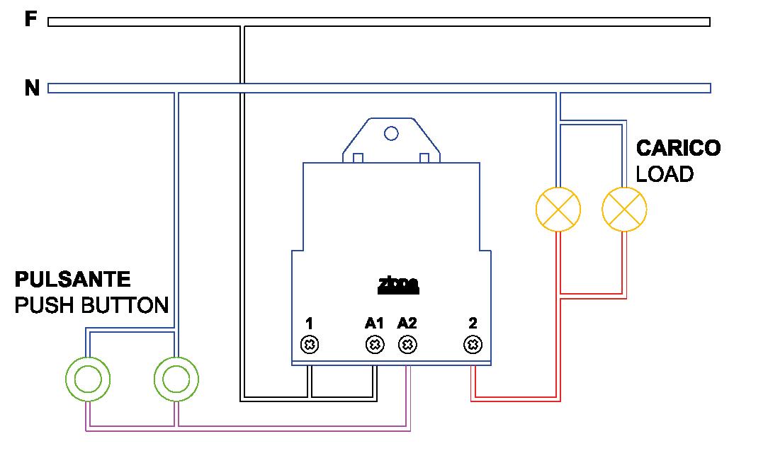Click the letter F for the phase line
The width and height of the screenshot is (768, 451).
coord(30,19)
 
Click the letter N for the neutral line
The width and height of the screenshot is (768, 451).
coord(32,89)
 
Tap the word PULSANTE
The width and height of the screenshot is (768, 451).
coord(73,278)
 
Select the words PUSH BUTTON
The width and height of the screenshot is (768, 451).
coord(91,305)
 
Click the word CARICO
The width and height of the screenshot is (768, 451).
coord(678,148)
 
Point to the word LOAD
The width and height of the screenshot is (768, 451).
coord(665,174)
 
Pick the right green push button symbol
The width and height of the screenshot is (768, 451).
coord(176,379)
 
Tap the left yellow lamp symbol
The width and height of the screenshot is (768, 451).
coord(558,210)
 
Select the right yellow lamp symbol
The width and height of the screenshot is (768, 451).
coord(624,210)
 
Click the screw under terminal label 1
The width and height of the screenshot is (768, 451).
coord(310,346)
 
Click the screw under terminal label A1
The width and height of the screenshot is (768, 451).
coord(375,346)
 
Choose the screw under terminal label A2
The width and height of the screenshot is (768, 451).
coord(407,346)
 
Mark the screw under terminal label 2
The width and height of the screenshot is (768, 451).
coord(473,346)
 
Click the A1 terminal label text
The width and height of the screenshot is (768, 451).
coord(374,323)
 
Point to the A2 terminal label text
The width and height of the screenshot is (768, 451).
coord(407,323)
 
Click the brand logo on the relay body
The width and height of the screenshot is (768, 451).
coord(397,285)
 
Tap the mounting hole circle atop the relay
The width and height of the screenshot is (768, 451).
coord(390,132)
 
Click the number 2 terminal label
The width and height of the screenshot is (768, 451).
coord(473,323)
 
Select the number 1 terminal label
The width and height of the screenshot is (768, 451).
coord(310,323)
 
